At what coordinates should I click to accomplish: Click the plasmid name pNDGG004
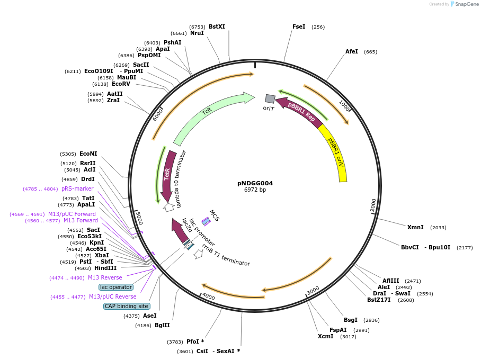tap(255, 183)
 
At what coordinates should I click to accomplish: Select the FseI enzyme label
tap(299, 26)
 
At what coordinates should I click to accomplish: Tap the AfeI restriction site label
tap(352, 51)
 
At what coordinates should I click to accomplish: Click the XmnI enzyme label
tap(415, 227)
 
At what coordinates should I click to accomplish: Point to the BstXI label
tap(217, 26)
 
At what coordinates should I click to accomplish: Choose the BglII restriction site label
tap(163, 325)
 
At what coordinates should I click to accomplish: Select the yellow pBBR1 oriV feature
tap(337, 154)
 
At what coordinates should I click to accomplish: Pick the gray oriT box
tap(270, 98)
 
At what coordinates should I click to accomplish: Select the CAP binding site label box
tap(127, 306)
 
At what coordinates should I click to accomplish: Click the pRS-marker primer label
tap(77, 188)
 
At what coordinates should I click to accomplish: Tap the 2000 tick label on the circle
tap(373, 205)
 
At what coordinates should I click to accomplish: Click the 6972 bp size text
tap(255, 190)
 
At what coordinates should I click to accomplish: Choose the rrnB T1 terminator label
tap(226, 255)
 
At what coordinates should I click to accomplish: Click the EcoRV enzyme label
tap(121, 84)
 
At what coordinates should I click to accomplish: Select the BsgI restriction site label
tap(351, 320)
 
